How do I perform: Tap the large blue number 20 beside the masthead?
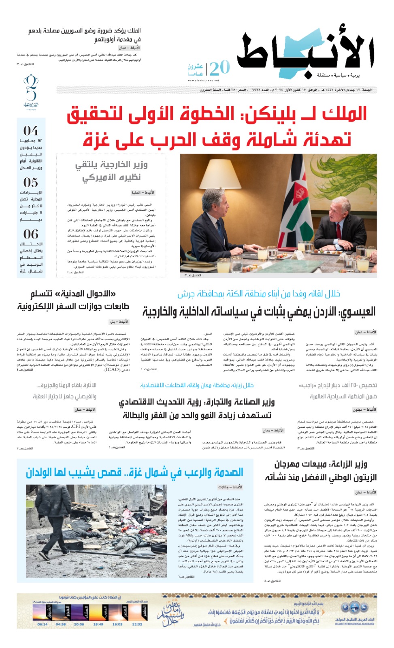point(220,68)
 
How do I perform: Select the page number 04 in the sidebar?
point(31,131)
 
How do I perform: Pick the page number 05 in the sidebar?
point(31,182)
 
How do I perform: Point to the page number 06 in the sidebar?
point(31,234)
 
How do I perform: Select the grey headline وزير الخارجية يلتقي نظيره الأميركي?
point(111,171)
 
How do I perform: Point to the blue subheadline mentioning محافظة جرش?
point(259,294)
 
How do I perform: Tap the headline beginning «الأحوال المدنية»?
point(73,300)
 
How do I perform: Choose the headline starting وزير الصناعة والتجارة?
point(197,409)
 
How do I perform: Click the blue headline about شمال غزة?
point(135,472)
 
